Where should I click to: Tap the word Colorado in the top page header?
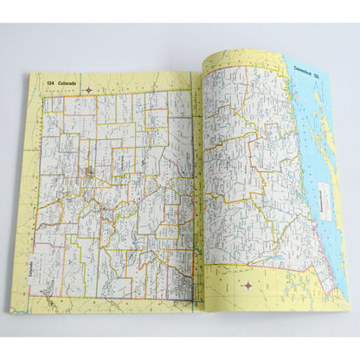pos(65,82)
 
